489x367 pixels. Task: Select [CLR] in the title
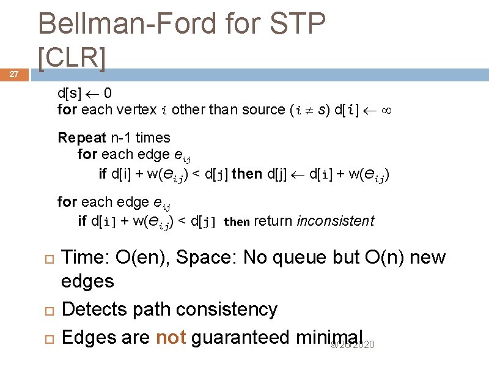coord(72,57)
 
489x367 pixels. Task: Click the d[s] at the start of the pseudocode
coord(70,94)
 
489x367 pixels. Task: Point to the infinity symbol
coord(385,110)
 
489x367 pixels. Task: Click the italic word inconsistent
coord(335,221)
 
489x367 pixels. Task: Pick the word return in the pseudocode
coord(273,221)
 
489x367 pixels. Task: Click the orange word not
coord(171,337)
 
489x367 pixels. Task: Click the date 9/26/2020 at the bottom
coord(353,346)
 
